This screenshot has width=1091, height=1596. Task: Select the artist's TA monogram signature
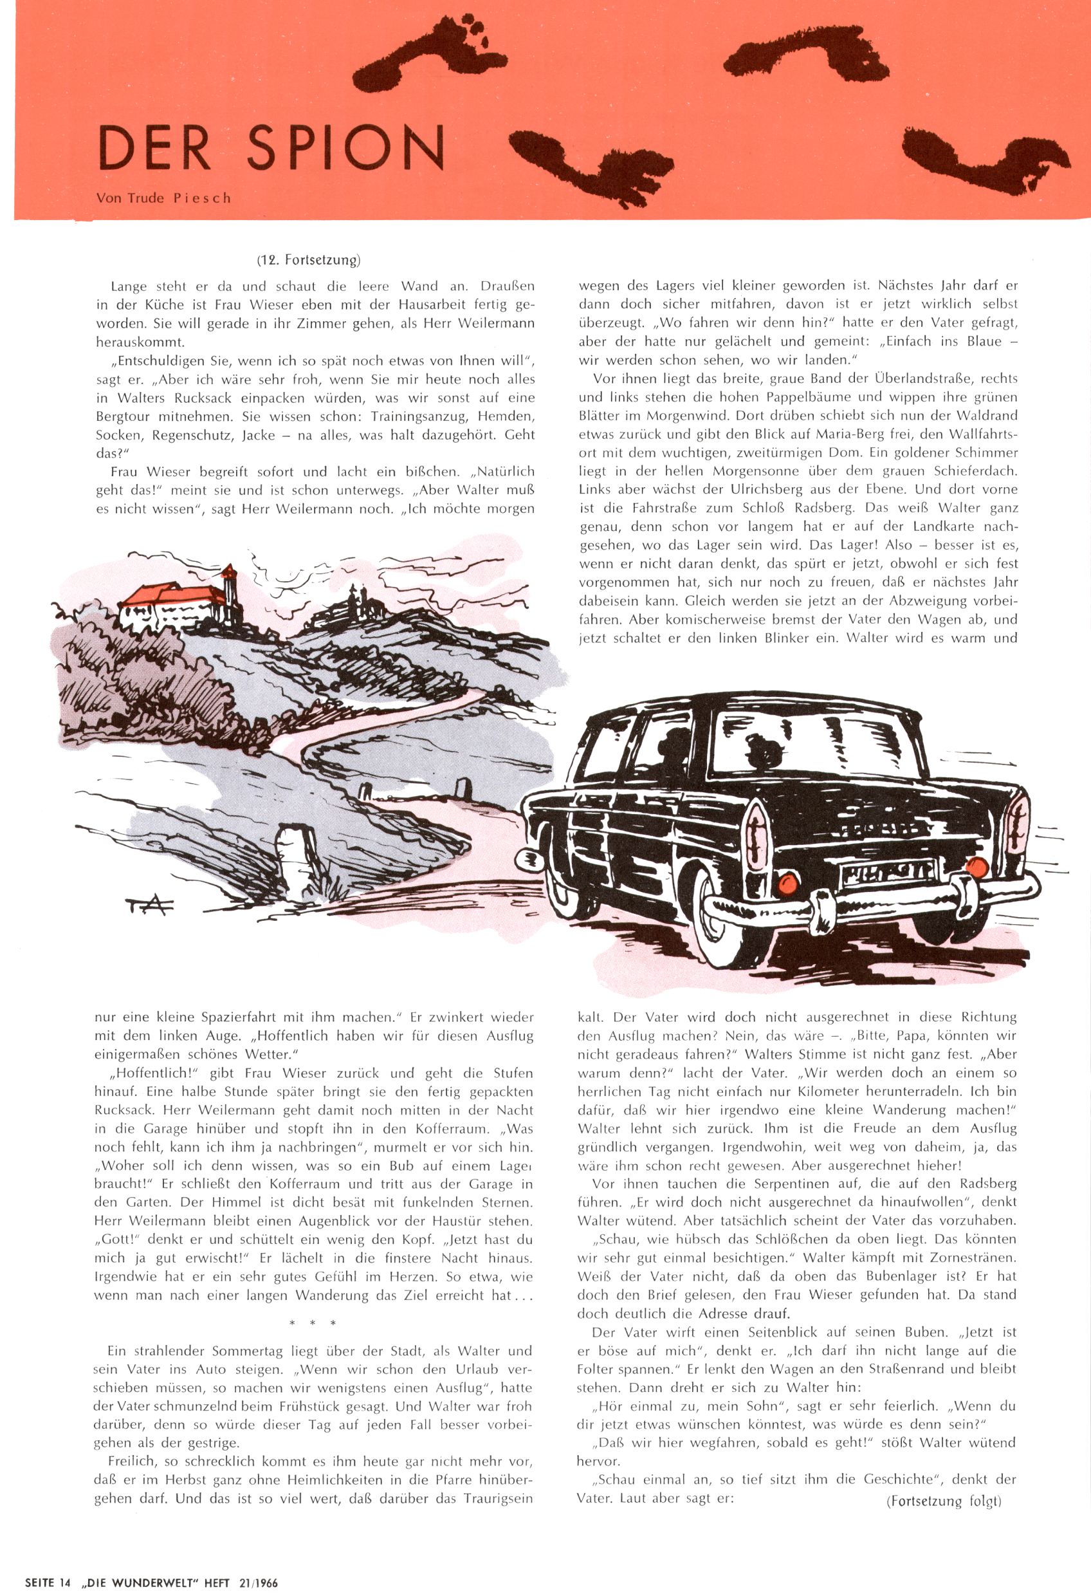[151, 907]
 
